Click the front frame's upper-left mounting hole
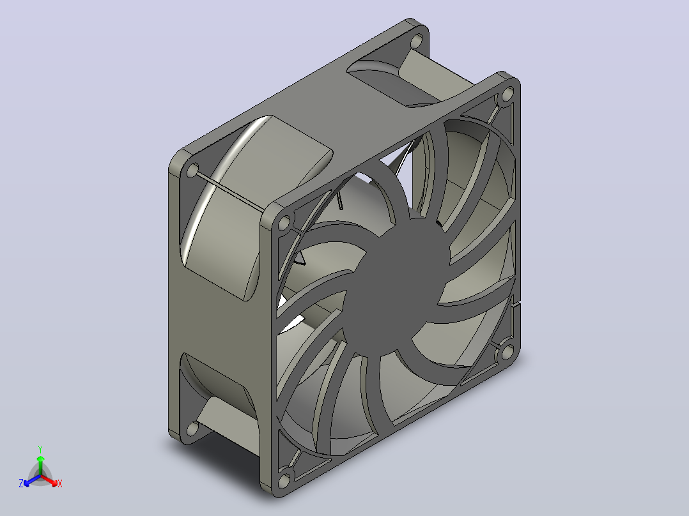tap(284, 223)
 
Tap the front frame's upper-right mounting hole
tap(507, 94)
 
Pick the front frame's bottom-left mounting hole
tap(284, 480)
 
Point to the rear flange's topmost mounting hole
tap(416, 42)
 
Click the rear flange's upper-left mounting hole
tap(192, 171)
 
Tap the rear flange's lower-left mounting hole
tap(192, 428)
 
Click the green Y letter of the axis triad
tap(40, 449)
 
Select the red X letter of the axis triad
tap(60, 483)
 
